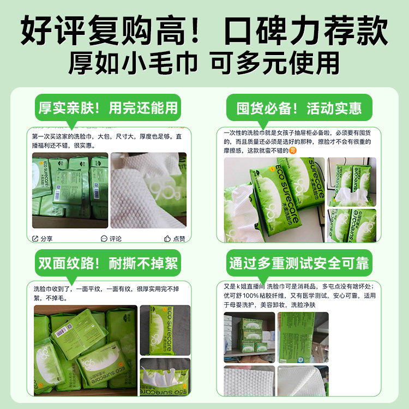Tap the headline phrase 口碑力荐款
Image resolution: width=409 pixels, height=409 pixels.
(306, 31)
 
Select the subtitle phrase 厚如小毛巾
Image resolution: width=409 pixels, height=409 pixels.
(134, 63)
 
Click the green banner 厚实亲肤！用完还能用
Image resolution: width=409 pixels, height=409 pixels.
(108, 107)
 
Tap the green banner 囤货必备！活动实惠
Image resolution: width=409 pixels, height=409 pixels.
(299, 107)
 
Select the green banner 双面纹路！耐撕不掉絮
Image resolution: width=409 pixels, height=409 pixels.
(108, 264)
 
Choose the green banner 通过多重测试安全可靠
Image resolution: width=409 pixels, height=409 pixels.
(299, 264)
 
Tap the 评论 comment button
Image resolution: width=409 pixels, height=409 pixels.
(111, 238)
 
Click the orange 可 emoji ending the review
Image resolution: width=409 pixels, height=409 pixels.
(293, 151)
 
